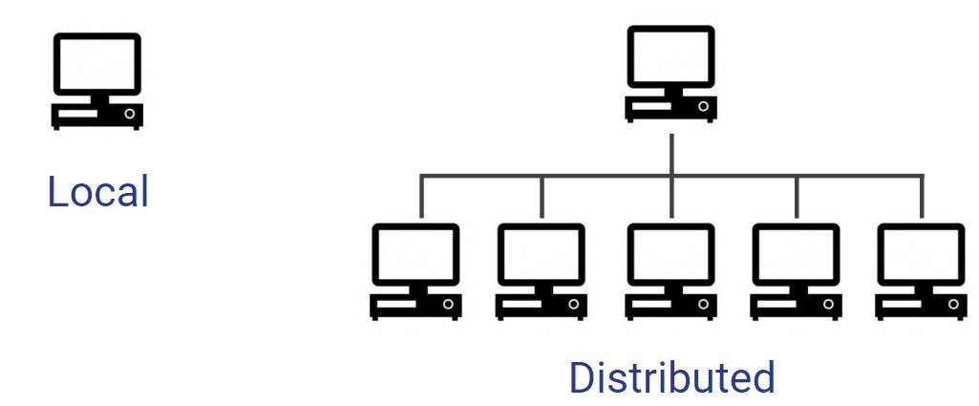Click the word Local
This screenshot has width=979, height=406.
[97, 192]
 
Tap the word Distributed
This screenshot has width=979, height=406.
[671, 377]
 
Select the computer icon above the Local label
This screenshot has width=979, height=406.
[96, 81]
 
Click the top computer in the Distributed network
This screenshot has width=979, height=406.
[670, 74]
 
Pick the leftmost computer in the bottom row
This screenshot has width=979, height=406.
[416, 271]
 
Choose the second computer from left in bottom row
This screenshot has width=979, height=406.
[542, 271]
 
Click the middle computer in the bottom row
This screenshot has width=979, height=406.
[670, 271]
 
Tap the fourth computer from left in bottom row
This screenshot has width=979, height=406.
[796, 271]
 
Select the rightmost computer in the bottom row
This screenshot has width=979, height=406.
[921, 271]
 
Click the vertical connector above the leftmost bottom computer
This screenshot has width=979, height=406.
[419, 196]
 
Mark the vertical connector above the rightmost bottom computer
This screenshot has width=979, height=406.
[922, 196]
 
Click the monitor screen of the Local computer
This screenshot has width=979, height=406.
[96, 64]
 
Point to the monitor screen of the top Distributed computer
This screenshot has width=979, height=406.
[670, 56]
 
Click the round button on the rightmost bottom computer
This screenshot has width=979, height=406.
[954, 306]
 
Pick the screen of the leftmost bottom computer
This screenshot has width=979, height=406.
[416, 255]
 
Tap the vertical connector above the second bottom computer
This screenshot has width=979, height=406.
[542, 196]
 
